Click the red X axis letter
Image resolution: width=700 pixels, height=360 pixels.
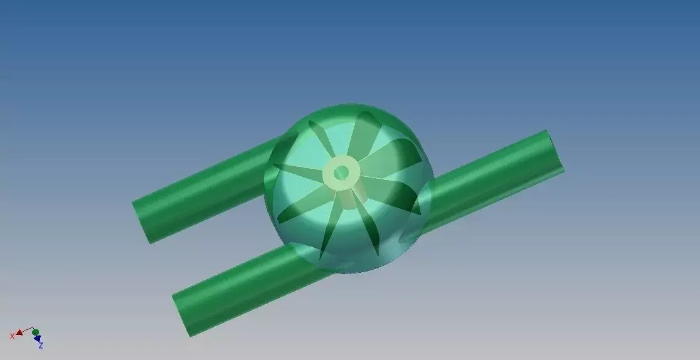12,337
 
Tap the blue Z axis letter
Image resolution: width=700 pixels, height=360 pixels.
41,346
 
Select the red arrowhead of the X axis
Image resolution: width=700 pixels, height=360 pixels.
19,332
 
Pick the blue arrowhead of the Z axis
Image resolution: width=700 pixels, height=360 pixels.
38,339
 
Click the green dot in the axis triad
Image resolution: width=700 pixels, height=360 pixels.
36,332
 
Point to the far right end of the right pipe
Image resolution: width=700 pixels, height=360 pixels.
554,151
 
